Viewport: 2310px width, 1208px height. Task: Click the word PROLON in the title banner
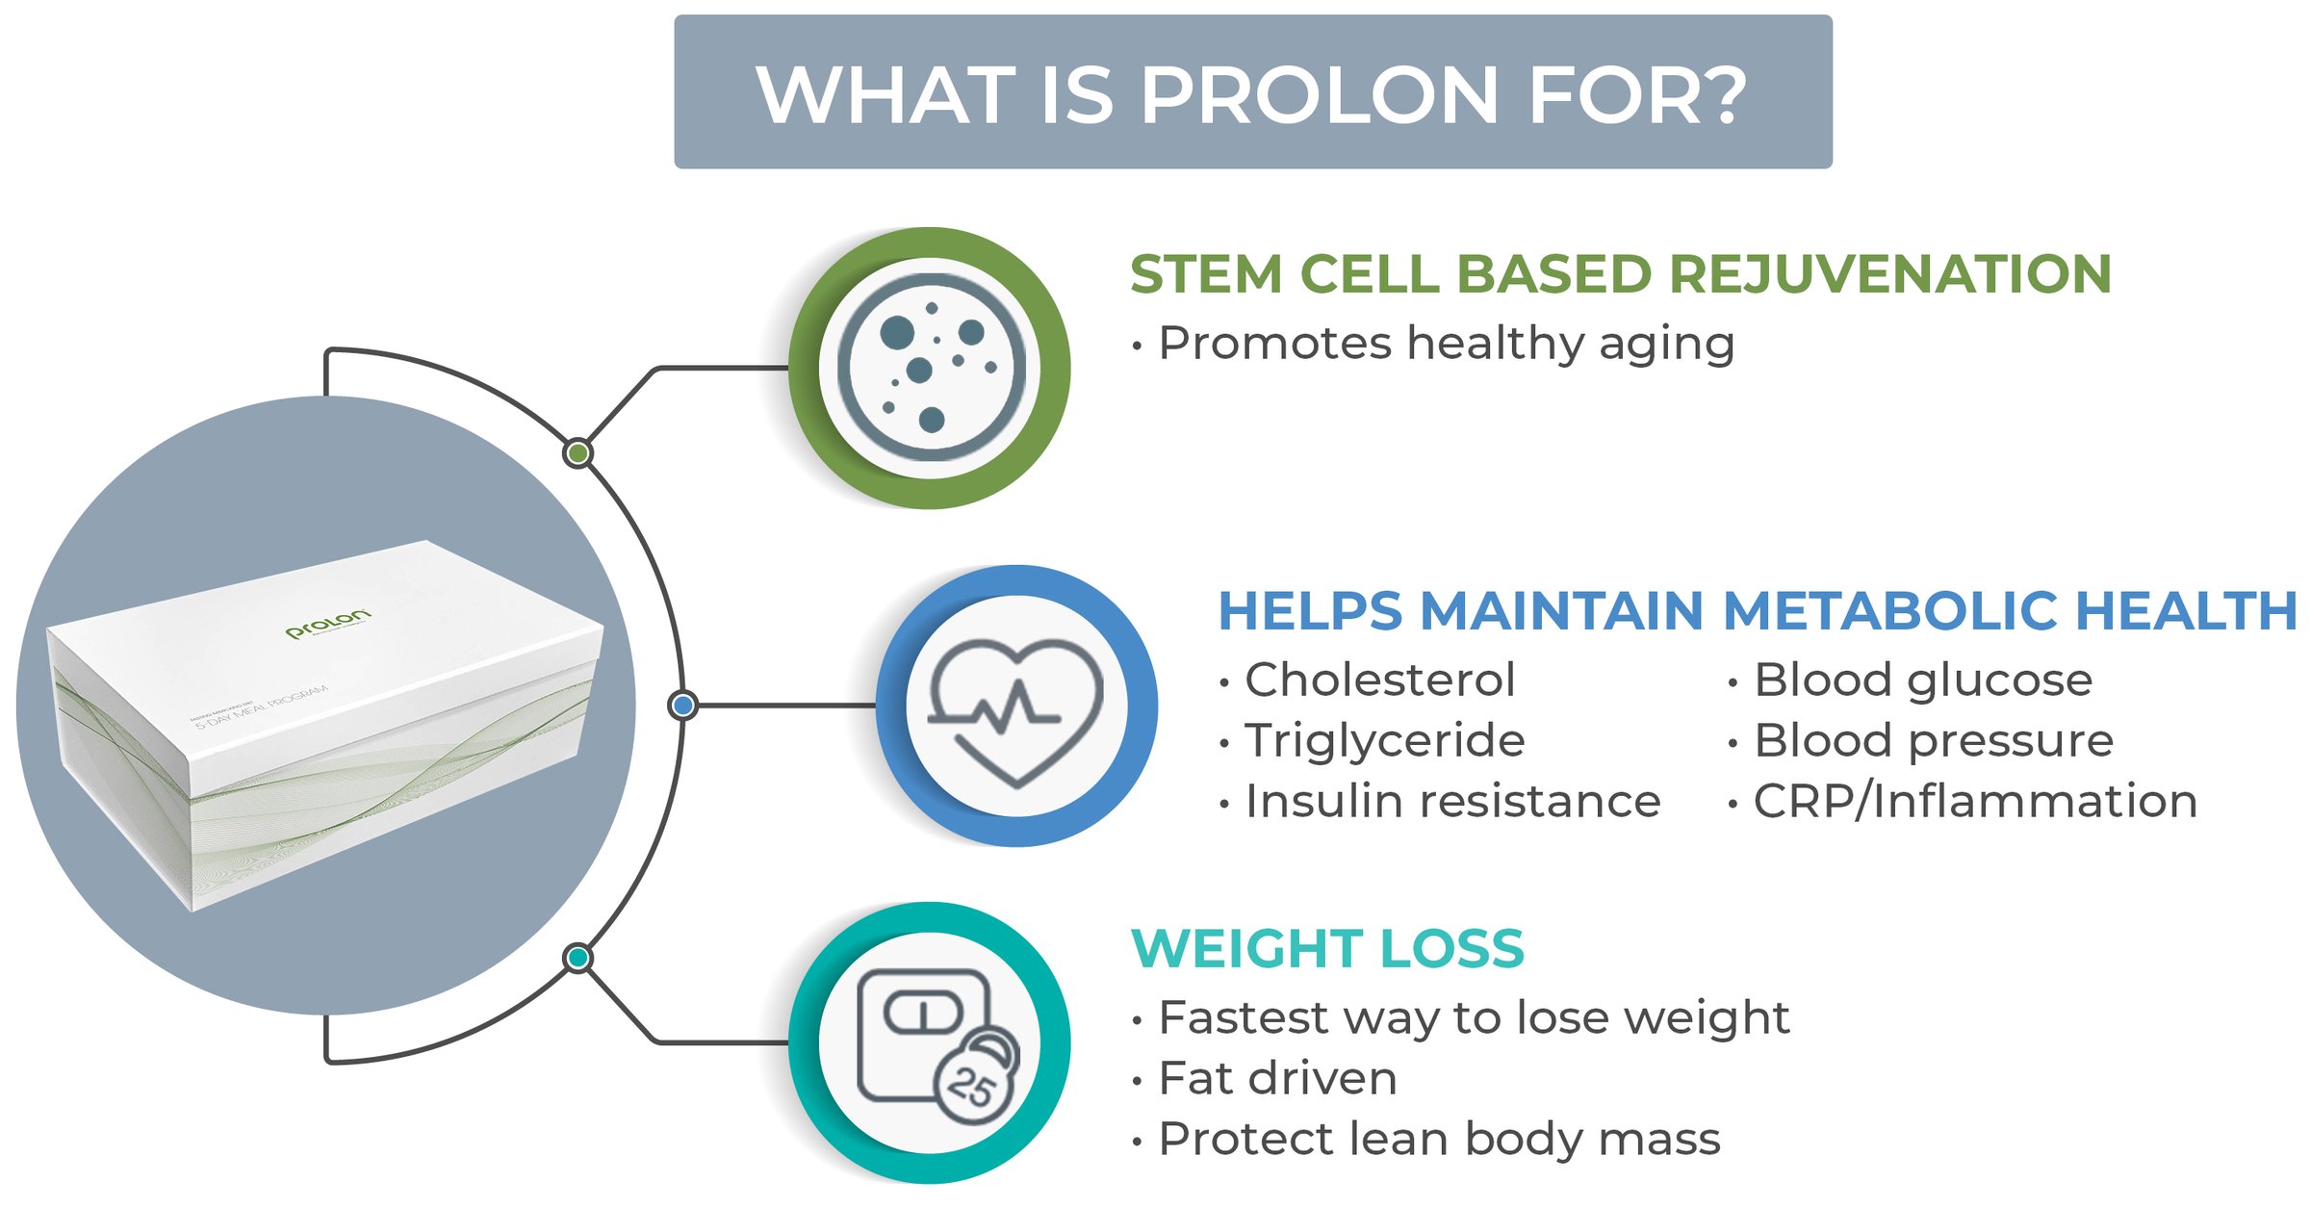pos(1319,95)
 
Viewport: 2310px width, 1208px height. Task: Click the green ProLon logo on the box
pos(327,624)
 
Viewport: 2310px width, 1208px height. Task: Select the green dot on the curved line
pos(577,452)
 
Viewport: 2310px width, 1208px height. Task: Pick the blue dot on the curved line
pos(682,706)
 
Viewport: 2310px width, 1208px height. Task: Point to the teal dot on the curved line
pos(577,958)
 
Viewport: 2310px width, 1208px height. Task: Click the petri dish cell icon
pos(930,367)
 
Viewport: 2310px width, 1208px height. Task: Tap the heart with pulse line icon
pos(1016,708)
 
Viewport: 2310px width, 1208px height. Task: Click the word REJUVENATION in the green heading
pos(1890,274)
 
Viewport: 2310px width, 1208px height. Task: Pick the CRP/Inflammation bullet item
pos(1974,802)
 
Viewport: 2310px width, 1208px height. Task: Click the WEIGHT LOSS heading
pos(1327,949)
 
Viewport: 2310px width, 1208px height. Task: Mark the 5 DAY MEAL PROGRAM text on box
pos(262,707)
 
